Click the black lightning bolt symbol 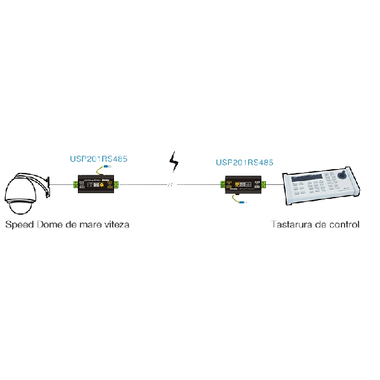pyautogui.click(x=174, y=162)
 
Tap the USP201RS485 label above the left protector pyautogui.click(x=98, y=159)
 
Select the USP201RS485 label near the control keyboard pyautogui.click(x=244, y=162)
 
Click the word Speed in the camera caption pyautogui.click(x=20, y=225)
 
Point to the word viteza pyautogui.click(x=117, y=225)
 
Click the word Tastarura pyautogui.click(x=291, y=224)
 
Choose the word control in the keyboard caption pyautogui.click(x=344, y=224)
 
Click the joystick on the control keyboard pyautogui.click(x=343, y=175)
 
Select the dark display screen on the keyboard pyautogui.click(x=307, y=177)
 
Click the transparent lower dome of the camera pyautogui.click(x=20, y=206)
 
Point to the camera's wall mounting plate pyautogui.click(x=48, y=187)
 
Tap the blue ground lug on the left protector pyautogui.click(x=106, y=167)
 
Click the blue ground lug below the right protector pyautogui.click(x=242, y=202)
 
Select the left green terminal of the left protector pyautogui.click(x=75, y=184)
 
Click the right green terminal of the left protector pyautogui.click(x=117, y=184)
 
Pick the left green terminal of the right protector pyautogui.click(x=223, y=184)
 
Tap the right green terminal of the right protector pyautogui.click(x=263, y=184)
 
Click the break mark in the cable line pyautogui.click(x=170, y=185)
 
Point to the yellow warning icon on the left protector pyautogui.click(x=102, y=185)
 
